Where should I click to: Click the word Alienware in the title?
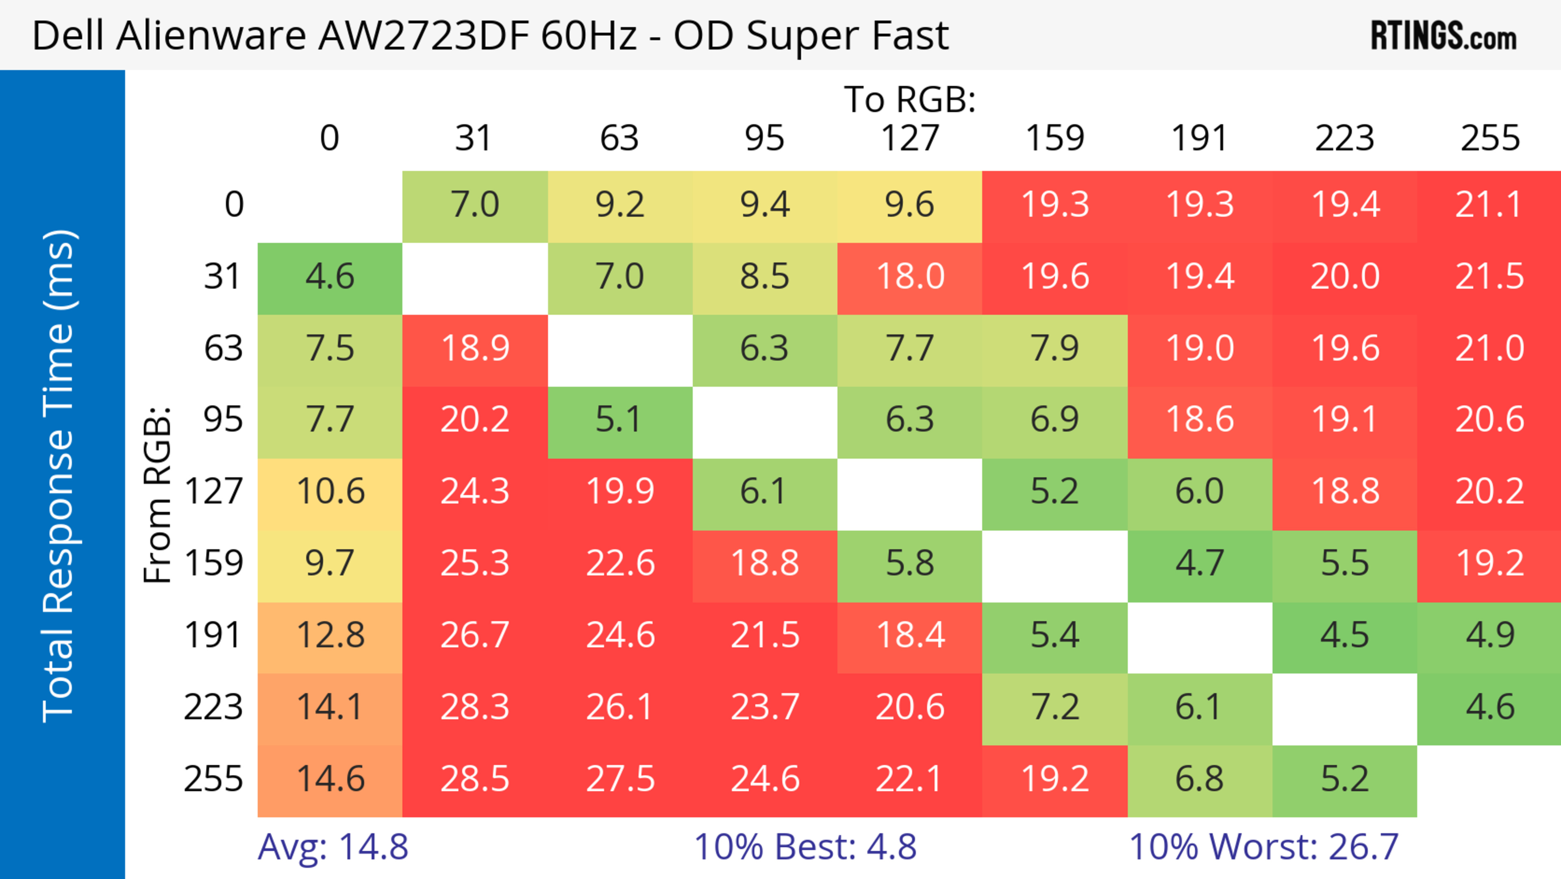(x=211, y=36)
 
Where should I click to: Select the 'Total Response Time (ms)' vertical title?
(x=59, y=476)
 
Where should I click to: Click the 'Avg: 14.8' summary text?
(x=333, y=846)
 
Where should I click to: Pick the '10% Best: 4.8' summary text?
(x=805, y=846)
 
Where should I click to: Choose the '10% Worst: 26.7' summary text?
(x=1263, y=846)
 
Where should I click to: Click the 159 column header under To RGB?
(x=1054, y=138)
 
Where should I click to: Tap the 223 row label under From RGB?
(x=213, y=707)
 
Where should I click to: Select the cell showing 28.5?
(x=474, y=779)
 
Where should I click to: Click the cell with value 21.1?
(x=1489, y=205)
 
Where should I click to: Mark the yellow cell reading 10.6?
(x=330, y=491)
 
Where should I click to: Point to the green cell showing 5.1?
(x=619, y=419)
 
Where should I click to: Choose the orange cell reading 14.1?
(x=330, y=707)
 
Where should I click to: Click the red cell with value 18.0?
(x=910, y=277)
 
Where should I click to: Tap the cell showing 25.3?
(x=474, y=563)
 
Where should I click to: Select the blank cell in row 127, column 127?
(x=910, y=491)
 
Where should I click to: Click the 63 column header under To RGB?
(x=619, y=138)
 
